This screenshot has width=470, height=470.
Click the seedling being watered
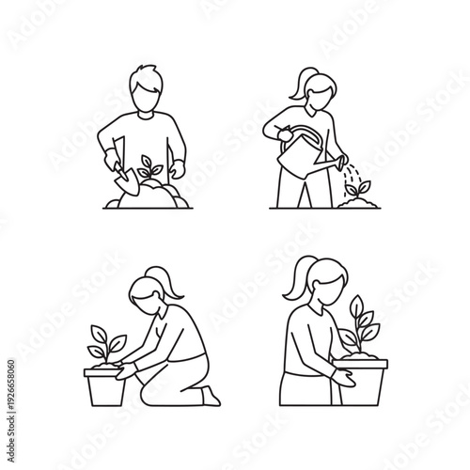(358, 189)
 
